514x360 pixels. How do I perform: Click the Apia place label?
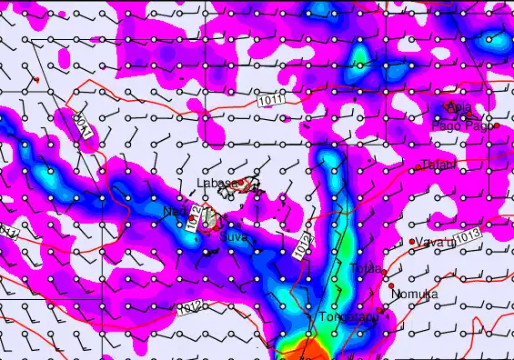point(460,107)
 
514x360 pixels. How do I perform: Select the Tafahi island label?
point(439,165)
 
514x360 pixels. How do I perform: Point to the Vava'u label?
point(436,242)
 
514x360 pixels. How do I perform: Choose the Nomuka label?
point(414,295)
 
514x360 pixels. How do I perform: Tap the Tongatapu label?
point(348,318)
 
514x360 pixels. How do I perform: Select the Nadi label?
point(174,212)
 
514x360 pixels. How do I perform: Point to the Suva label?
point(234,235)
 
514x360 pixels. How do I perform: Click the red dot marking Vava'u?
point(412,242)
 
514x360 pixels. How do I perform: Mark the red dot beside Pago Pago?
point(497,125)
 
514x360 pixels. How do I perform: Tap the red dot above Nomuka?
point(391,285)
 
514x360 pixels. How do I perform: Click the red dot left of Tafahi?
point(418,166)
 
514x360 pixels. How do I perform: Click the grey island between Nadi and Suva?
point(209,218)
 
